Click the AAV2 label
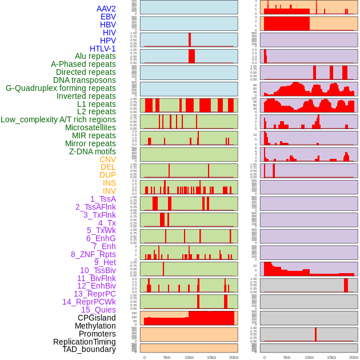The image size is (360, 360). coord(106,9)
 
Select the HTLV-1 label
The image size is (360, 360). coord(103,49)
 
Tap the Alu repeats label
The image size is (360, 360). coord(95,56)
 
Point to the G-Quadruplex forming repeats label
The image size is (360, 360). coord(61,88)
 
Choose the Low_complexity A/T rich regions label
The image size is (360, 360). coord(58,119)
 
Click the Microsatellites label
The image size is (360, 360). coord(90,127)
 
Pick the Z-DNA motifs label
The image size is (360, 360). coord(93,151)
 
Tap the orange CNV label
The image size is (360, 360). coord(107,159)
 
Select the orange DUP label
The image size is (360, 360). coord(107,175)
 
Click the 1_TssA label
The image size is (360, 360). coord(103,199)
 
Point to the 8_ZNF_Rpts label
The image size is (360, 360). coord(93,254)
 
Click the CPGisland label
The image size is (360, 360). coord(97,318)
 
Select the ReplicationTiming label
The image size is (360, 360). coord(85,342)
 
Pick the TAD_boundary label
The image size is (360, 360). coord(89,349)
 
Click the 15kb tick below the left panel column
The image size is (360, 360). coord(211,357)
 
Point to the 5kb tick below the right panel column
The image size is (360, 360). coord(287,357)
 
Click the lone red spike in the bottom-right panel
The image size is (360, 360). coord(315,334)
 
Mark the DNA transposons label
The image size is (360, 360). coord(85,80)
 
